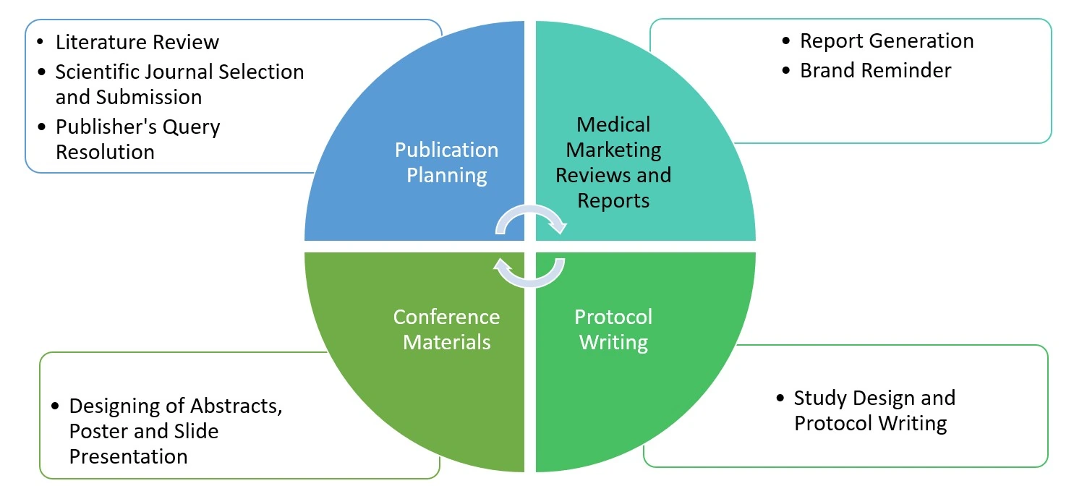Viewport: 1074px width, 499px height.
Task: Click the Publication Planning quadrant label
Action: (x=446, y=162)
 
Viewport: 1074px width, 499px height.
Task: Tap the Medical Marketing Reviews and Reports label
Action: (x=613, y=162)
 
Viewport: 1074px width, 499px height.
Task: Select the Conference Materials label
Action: (x=446, y=329)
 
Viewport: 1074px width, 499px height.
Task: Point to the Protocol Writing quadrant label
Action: (x=613, y=329)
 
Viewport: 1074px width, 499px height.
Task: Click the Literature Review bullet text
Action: (x=137, y=42)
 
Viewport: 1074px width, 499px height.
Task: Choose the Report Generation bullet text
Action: (x=886, y=40)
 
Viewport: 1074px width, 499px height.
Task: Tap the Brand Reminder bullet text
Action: (x=875, y=70)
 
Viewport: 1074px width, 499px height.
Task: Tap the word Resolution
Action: (x=105, y=153)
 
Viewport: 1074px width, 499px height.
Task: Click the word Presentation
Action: (x=128, y=457)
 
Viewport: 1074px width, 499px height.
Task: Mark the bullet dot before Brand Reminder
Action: (x=787, y=71)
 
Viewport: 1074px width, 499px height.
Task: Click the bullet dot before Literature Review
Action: (x=42, y=43)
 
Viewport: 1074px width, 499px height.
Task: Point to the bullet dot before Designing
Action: (x=56, y=406)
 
